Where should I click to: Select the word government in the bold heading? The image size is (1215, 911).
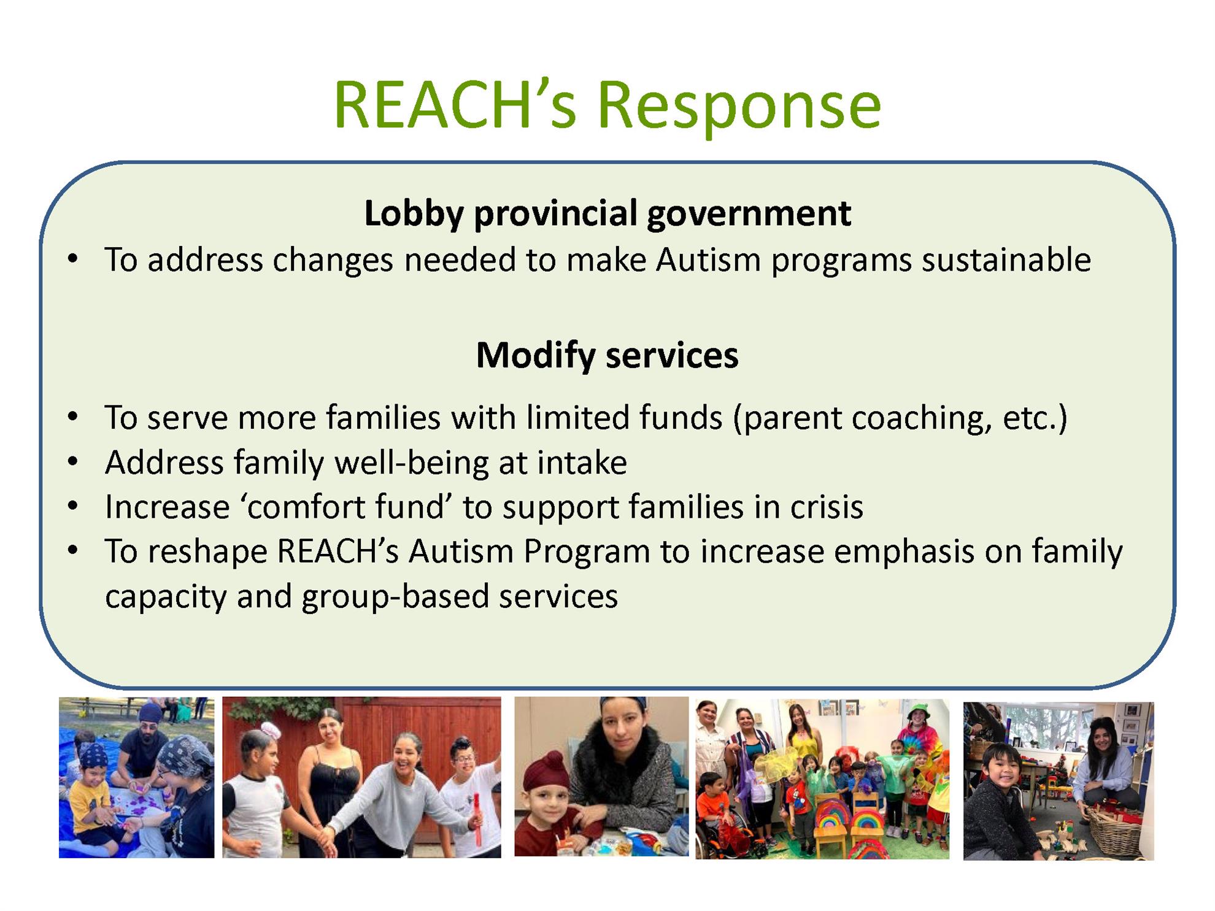tap(749, 215)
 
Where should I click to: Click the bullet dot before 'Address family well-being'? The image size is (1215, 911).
tap(73, 462)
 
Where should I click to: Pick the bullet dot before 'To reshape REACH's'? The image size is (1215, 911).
tap(73, 551)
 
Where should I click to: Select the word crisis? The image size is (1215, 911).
tap(827, 507)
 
